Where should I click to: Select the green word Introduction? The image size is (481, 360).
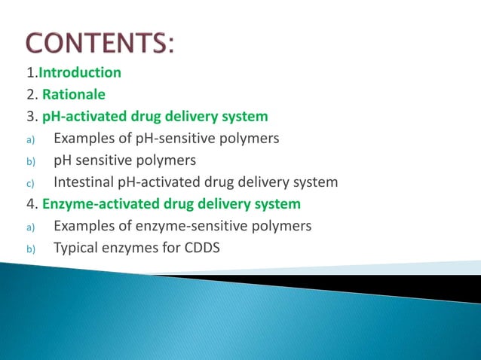tap(80, 73)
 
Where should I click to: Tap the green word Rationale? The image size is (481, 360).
tap(74, 95)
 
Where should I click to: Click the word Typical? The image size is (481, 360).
tap(77, 247)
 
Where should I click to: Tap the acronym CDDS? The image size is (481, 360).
tap(198, 247)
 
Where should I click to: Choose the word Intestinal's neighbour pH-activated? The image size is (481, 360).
tap(163, 182)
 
